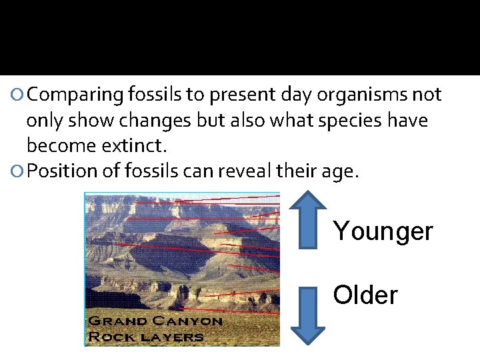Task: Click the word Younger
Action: [x=383, y=232]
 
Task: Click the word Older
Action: [x=365, y=295]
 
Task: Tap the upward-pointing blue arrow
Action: [x=308, y=219]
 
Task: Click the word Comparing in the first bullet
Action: [x=75, y=95]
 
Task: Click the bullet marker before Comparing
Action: [x=19, y=95]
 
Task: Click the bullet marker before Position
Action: [x=19, y=171]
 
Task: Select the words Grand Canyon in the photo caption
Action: [x=155, y=321]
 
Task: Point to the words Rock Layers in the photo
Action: [x=145, y=336]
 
